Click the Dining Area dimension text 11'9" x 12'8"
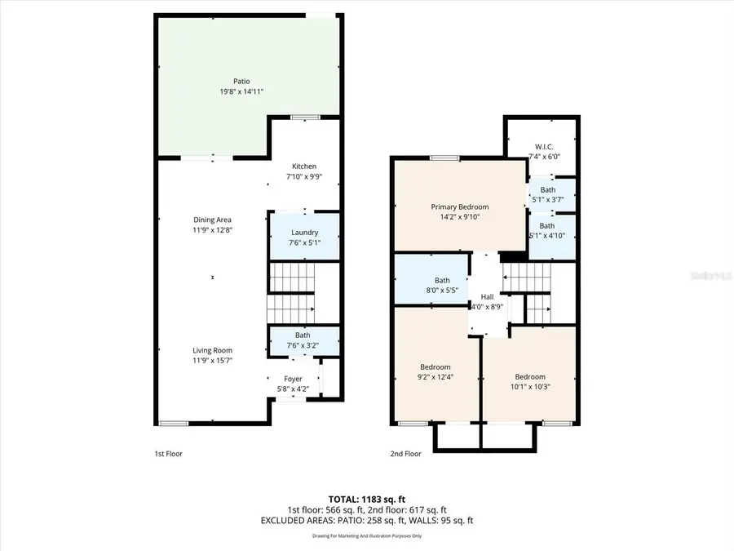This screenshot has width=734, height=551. (213, 230)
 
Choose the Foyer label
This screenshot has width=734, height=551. (293, 378)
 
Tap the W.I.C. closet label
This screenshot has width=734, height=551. (544, 146)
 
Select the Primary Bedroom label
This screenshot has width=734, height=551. (460, 207)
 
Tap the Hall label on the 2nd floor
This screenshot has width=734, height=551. (487, 297)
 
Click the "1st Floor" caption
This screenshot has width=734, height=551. (169, 453)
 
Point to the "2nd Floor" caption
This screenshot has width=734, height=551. (405, 453)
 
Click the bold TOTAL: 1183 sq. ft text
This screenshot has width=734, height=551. (366, 498)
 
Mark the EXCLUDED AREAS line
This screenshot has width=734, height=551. (366, 520)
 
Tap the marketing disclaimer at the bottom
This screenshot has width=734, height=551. (366, 536)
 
